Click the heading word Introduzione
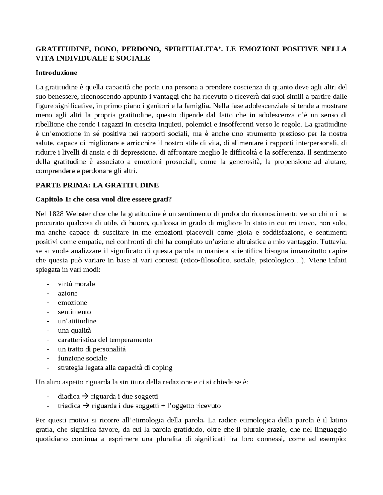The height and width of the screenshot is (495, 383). coord(56,73)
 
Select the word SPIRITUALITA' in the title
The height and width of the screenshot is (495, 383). coord(193,49)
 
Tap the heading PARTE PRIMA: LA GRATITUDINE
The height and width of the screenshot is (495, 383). coord(97,185)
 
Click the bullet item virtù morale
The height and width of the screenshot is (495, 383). coord(76,284)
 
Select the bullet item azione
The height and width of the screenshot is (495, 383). coord(68,293)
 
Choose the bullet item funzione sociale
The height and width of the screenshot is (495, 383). coord(82,358)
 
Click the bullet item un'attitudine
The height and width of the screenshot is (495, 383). coord(77,321)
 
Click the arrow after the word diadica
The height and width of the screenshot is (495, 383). coord(85,396)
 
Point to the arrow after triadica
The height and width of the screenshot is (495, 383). coord(86,406)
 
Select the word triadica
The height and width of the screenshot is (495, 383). coord(69,406)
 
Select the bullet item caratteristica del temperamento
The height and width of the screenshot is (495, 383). coord(105,340)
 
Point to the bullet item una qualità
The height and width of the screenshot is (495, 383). coord(75,330)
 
